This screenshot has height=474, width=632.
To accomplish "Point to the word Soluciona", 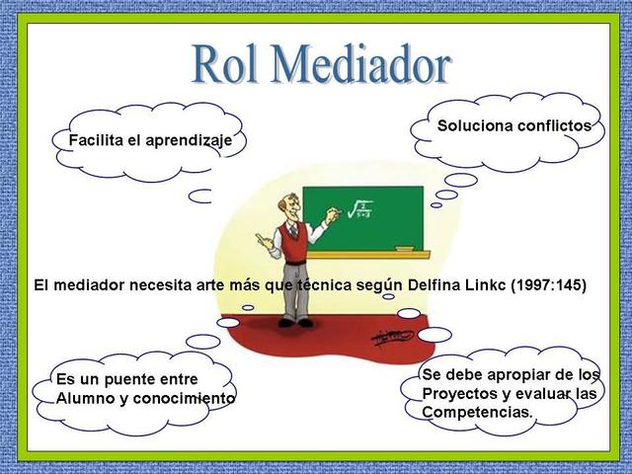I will [x=474, y=125].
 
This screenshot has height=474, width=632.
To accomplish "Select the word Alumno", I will [x=85, y=398].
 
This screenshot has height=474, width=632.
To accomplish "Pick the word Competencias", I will [x=477, y=412].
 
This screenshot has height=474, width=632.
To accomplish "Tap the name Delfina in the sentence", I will [x=434, y=285].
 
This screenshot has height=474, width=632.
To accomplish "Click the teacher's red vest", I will [x=293, y=242].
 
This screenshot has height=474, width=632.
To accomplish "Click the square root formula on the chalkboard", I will [x=358, y=208].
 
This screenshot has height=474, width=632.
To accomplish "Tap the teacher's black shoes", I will [x=296, y=322].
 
